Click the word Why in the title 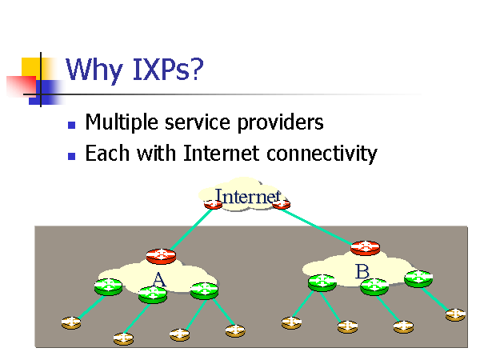(94, 70)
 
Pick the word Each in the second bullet (105, 153)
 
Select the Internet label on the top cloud (248, 196)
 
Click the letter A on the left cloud (158, 278)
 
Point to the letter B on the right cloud (362, 272)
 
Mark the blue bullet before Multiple (72, 125)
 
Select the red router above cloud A (161, 256)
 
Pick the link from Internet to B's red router (320, 225)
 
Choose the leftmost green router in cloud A (109, 286)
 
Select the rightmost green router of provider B (418, 278)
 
